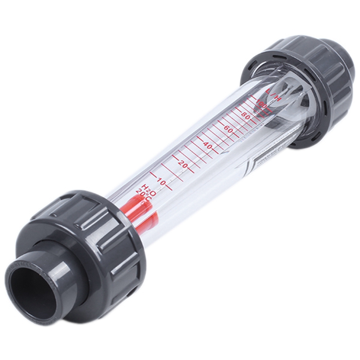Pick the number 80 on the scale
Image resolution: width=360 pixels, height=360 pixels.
point(246,115)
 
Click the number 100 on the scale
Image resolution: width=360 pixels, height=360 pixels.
point(261,104)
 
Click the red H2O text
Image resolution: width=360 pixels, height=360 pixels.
point(149,189)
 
